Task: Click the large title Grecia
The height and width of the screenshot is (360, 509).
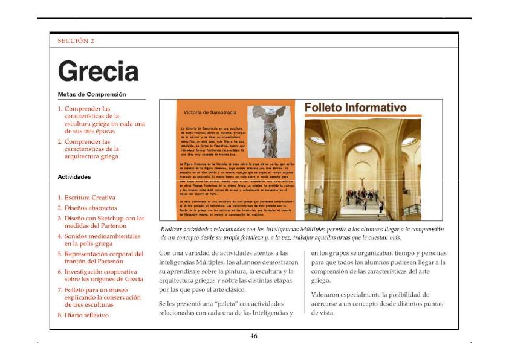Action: (98, 72)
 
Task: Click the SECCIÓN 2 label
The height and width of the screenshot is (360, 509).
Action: (76, 41)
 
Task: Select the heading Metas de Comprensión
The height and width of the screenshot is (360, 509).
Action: (92, 94)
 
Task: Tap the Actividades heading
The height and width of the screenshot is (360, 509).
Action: (74, 177)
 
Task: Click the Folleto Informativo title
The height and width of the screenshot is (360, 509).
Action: (355, 108)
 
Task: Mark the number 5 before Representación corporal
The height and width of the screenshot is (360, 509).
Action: (59, 254)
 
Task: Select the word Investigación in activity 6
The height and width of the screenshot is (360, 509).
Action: (85, 272)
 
